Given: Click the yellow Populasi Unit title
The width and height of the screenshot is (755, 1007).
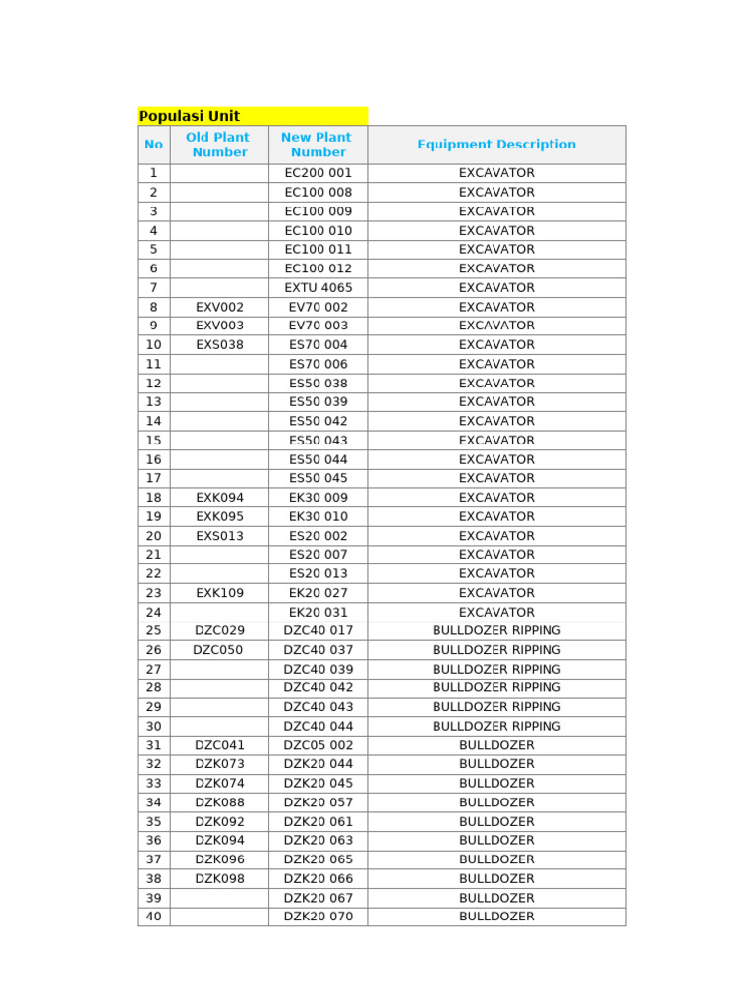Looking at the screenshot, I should tap(190, 116).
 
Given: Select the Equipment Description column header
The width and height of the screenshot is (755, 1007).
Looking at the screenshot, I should tap(496, 145).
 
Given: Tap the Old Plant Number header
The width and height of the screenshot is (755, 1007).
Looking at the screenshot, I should tap(218, 145).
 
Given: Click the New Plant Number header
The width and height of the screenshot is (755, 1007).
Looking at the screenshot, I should tap(318, 145).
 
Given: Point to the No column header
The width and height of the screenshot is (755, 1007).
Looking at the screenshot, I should tap(153, 145).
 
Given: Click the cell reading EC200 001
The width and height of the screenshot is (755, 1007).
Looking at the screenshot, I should tap(318, 173).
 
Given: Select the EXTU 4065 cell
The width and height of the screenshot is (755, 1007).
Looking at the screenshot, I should tap(318, 288).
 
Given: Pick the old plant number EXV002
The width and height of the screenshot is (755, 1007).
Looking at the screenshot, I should tap(219, 307).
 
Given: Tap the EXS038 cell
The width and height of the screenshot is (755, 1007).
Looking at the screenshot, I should tap(219, 345).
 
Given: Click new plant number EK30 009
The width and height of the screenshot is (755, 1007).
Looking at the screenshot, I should tap(318, 498).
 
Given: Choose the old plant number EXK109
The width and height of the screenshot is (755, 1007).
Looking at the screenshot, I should tap(219, 593).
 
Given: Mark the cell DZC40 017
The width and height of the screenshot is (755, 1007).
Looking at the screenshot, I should tap(318, 630).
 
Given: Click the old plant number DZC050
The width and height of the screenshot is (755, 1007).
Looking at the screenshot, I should tap(218, 650).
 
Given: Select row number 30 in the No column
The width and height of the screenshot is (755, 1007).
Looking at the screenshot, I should tap(153, 726).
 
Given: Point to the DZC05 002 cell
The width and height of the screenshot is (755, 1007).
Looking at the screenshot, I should tap(318, 745).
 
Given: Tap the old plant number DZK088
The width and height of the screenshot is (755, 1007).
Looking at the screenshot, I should tap(219, 802).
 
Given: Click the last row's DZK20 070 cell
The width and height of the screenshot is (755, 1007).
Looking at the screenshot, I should tap(318, 917).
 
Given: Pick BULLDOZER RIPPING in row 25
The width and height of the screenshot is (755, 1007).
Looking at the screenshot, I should tap(496, 630).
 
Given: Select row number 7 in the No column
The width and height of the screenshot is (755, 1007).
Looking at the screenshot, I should tap(153, 288).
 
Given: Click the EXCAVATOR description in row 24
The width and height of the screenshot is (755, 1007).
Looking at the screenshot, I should tap(496, 612).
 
